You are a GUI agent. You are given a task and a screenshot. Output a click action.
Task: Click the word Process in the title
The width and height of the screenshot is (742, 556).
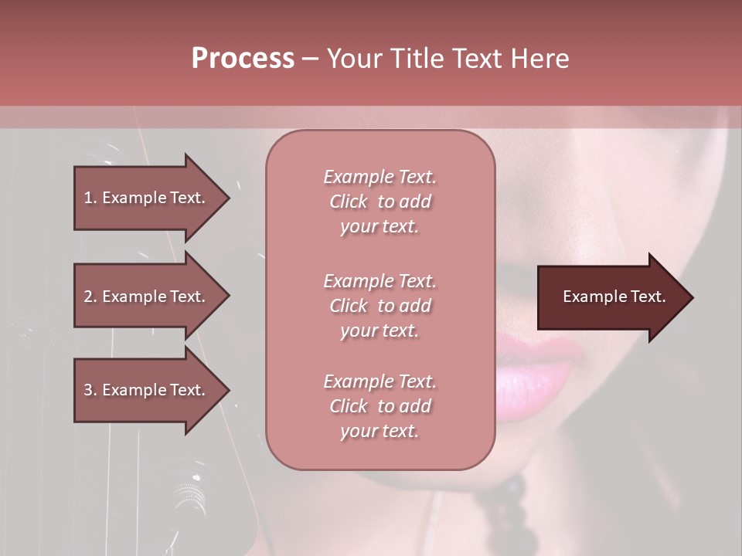click(x=243, y=59)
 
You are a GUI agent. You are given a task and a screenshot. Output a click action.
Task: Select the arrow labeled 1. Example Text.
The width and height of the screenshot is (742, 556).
click(x=147, y=198)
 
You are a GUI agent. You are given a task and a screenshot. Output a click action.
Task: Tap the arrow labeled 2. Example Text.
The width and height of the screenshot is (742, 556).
click(x=147, y=297)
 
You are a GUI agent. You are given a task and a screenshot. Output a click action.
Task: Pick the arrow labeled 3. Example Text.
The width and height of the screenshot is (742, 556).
click(x=147, y=390)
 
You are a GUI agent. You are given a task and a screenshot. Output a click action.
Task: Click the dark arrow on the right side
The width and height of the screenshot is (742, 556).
click(x=611, y=297)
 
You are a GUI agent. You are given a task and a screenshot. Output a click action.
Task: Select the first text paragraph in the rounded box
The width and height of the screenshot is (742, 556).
click(x=380, y=202)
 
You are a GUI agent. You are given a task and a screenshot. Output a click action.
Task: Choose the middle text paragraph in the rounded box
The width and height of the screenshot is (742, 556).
click(x=380, y=306)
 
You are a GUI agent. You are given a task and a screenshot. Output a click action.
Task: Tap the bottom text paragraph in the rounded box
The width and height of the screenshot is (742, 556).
click(x=380, y=406)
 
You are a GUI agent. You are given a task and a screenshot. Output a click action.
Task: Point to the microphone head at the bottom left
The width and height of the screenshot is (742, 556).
click(x=185, y=494)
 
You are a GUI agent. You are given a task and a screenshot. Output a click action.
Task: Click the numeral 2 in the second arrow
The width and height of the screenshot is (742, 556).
click(x=87, y=297)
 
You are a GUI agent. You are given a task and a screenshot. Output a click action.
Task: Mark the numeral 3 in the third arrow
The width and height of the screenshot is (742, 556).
click(x=87, y=390)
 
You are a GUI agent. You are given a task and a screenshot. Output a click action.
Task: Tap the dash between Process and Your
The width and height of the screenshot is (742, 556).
click(x=310, y=59)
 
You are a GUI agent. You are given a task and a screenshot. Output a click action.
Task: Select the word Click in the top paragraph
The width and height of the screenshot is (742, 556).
click(x=349, y=202)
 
